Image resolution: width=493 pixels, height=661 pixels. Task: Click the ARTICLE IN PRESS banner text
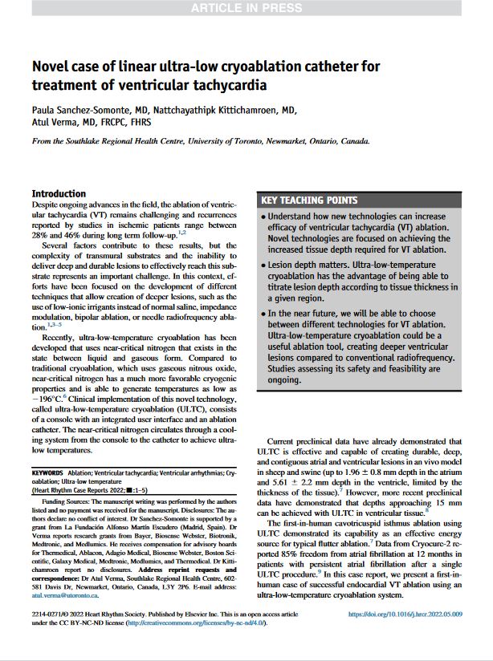tap(246, 8)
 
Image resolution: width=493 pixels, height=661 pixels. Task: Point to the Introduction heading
tap(58, 193)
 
